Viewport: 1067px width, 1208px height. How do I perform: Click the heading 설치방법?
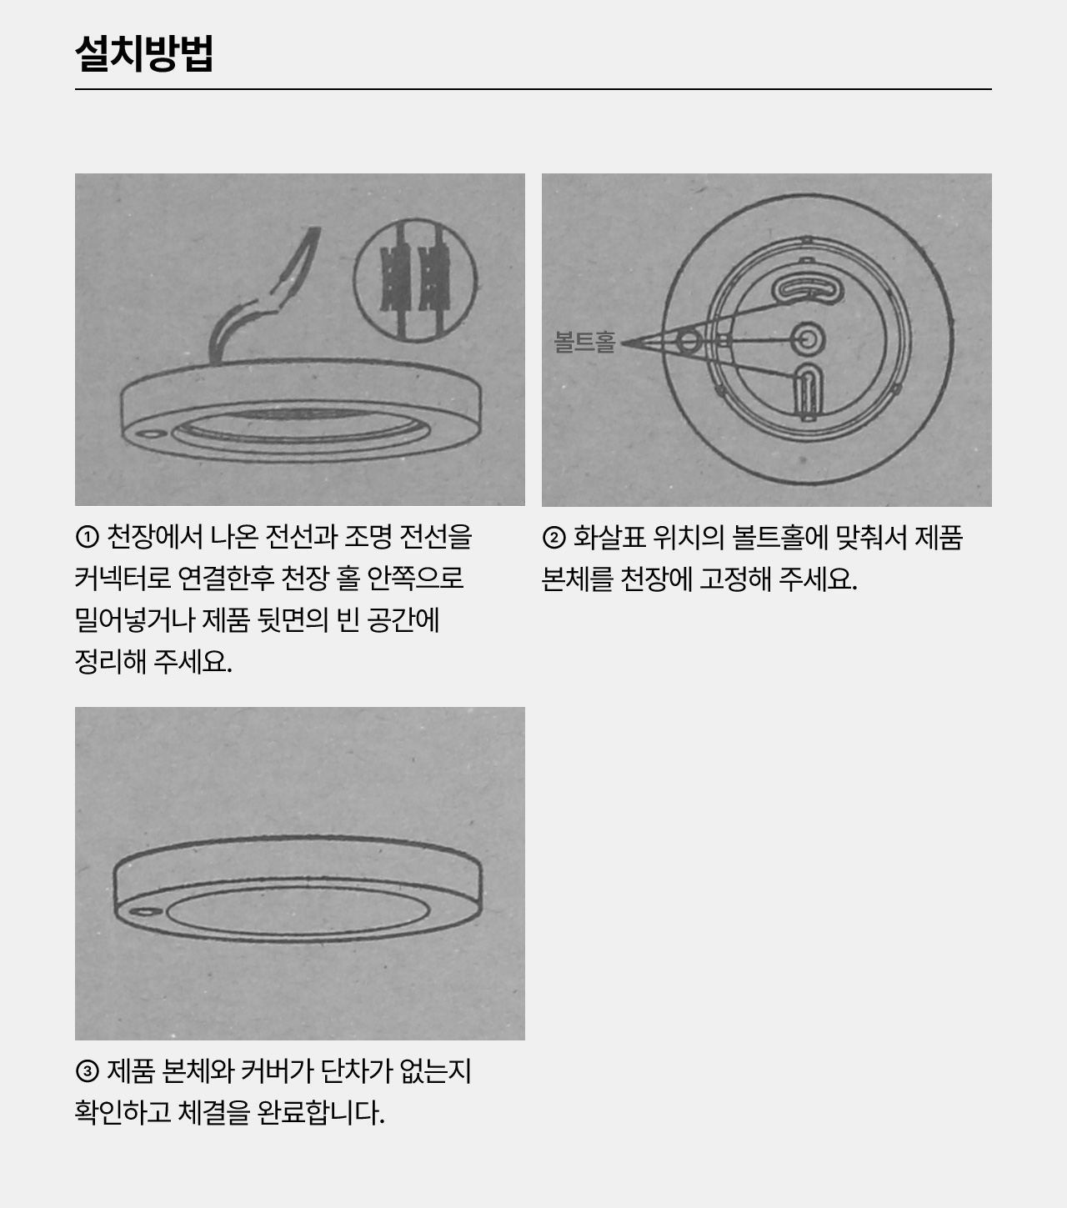click(x=144, y=53)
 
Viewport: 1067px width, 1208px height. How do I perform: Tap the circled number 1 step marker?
click(x=87, y=537)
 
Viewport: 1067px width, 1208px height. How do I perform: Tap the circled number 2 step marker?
click(x=554, y=537)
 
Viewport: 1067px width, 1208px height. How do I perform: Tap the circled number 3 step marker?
click(x=87, y=1071)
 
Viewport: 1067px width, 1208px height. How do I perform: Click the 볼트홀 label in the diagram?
click(x=584, y=342)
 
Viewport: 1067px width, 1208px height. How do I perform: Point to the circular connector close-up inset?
click(x=415, y=279)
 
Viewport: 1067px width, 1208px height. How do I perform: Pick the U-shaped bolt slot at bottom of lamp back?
click(x=809, y=390)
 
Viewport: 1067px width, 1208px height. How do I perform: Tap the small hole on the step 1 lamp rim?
click(x=153, y=434)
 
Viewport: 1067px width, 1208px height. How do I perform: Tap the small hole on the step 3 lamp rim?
click(x=146, y=912)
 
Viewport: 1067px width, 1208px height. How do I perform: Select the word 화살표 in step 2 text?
click(x=609, y=537)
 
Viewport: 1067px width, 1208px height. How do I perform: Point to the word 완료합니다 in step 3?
click(x=321, y=1112)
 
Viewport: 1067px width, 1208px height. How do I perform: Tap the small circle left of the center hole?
click(x=689, y=343)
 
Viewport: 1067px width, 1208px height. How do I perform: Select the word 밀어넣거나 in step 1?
click(x=135, y=619)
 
